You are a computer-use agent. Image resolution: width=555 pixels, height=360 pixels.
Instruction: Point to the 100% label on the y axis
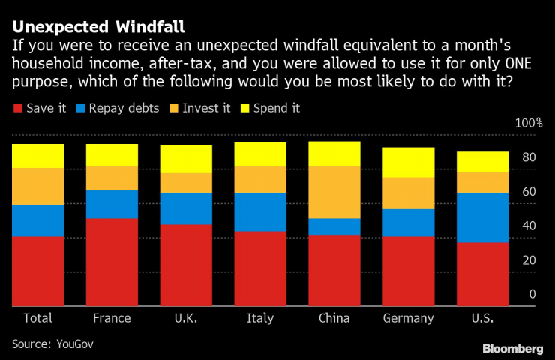(527, 123)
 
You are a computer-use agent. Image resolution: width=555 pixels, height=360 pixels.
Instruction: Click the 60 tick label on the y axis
(529, 192)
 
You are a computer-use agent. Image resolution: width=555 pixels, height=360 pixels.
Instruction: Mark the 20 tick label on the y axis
(529, 260)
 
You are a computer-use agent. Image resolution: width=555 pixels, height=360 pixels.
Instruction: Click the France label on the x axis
(112, 318)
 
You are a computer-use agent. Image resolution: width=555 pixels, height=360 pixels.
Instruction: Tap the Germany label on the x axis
(408, 318)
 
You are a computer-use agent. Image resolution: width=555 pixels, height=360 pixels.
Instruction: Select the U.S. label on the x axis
(482, 318)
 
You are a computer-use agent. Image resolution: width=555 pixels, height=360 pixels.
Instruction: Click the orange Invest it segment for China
(334, 192)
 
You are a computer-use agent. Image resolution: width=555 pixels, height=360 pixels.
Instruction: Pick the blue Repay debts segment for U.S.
(482, 217)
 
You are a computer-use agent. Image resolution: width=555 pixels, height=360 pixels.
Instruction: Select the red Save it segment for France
(112, 262)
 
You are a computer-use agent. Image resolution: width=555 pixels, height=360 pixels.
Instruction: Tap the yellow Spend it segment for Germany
(408, 162)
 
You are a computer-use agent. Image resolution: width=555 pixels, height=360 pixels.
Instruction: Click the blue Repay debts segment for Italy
(260, 212)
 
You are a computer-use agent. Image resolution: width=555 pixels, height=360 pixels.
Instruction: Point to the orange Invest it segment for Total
(37, 186)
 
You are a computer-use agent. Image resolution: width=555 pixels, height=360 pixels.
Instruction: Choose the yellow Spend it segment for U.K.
(186, 159)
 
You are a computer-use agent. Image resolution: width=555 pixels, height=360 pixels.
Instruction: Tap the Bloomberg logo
(512, 348)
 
